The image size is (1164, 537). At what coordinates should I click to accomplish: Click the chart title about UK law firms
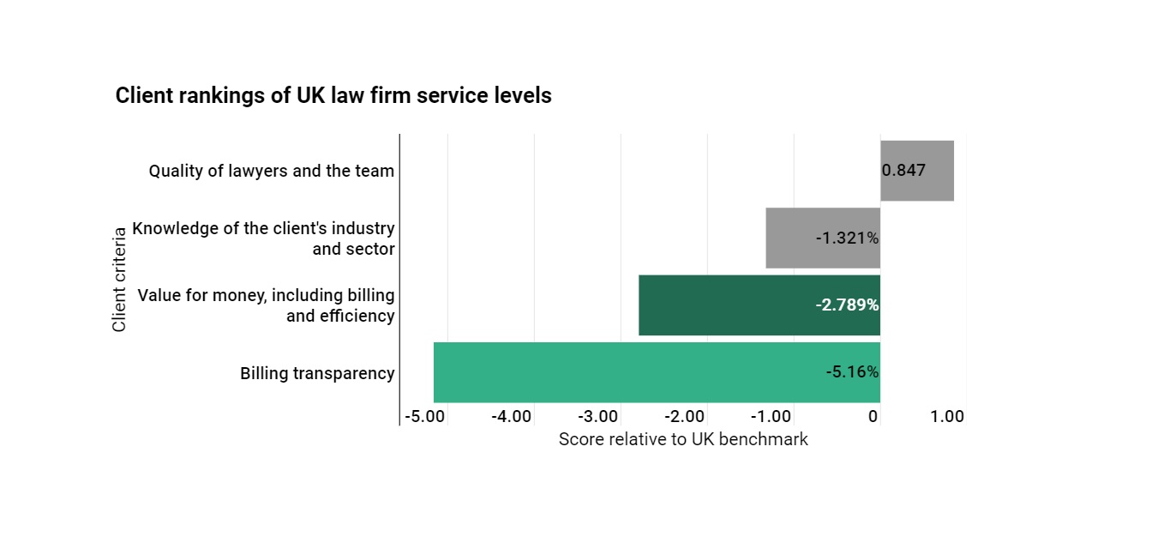coord(333,96)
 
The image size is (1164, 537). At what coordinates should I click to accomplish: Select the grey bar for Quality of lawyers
coord(916,171)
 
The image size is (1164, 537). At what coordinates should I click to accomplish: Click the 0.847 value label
coord(903,170)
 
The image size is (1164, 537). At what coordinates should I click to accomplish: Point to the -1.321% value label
coord(847,238)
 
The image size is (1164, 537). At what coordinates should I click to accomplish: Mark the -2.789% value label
coord(847,305)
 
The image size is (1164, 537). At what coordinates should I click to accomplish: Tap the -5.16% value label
coord(852,372)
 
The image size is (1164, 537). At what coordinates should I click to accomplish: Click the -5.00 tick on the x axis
coord(424,417)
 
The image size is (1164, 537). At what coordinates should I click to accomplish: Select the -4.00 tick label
coord(511,417)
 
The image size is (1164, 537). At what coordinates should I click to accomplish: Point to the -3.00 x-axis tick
coord(597,417)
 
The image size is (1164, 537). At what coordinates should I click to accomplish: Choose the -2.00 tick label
coord(684,417)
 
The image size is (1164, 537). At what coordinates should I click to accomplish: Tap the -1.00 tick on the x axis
coord(771,417)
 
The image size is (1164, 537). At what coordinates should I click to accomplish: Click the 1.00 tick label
coord(947,417)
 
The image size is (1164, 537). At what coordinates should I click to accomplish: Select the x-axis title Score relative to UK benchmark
coord(683,439)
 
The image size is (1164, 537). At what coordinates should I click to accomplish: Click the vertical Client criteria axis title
coord(119,279)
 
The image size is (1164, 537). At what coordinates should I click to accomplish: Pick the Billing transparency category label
coord(317,373)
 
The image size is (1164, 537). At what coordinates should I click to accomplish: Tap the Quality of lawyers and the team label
coord(271,171)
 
